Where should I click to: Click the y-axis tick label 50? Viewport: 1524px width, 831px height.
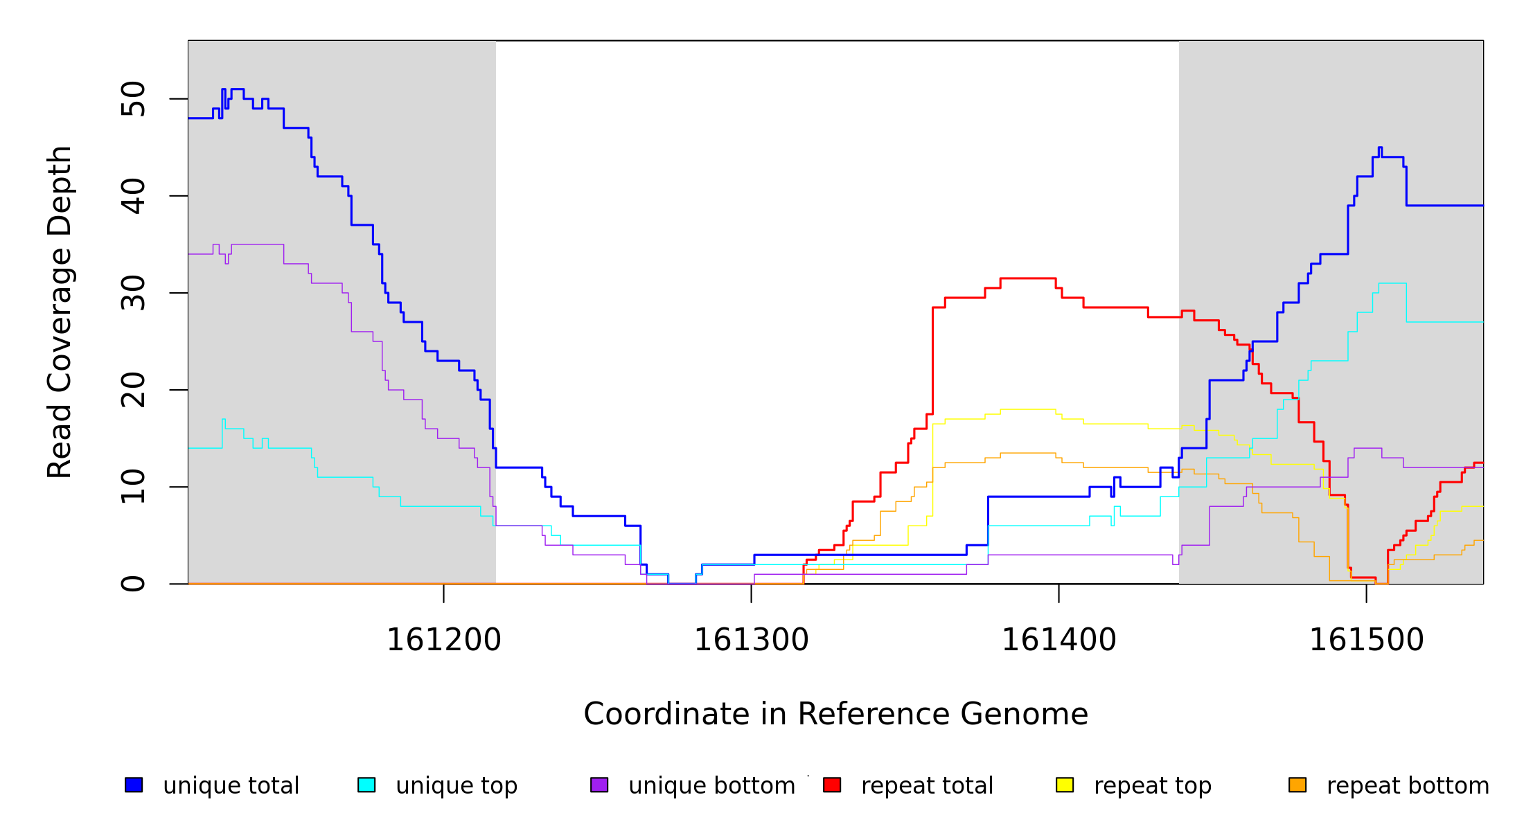[133, 99]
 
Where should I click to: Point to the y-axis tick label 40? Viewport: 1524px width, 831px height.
[133, 196]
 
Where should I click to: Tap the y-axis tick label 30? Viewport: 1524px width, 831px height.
[133, 293]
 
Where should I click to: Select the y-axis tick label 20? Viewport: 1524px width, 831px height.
[133, 390]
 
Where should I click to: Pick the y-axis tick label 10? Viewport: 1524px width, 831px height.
[133, 487]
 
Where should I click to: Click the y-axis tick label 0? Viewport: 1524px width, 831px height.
[133, 584]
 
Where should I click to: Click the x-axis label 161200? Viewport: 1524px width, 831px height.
[443, 640]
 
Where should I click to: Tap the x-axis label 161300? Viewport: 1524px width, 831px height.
[751, 640]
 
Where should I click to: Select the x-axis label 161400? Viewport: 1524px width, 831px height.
[1058, 640]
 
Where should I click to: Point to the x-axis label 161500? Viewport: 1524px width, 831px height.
[1366, 640]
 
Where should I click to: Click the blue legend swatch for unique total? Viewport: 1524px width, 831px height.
[134, 785]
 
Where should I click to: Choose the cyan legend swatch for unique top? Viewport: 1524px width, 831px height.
[366, 785]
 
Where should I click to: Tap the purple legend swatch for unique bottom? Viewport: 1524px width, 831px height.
[599, 785]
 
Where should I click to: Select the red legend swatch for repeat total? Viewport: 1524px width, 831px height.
[832, 785]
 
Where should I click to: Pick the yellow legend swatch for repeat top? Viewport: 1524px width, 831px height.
[1065, 785]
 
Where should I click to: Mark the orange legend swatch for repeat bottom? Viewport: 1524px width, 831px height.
[1297, 785]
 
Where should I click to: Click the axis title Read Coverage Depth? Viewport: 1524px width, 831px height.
[60, 312]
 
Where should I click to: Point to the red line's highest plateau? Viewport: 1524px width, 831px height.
[1028, 278]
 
